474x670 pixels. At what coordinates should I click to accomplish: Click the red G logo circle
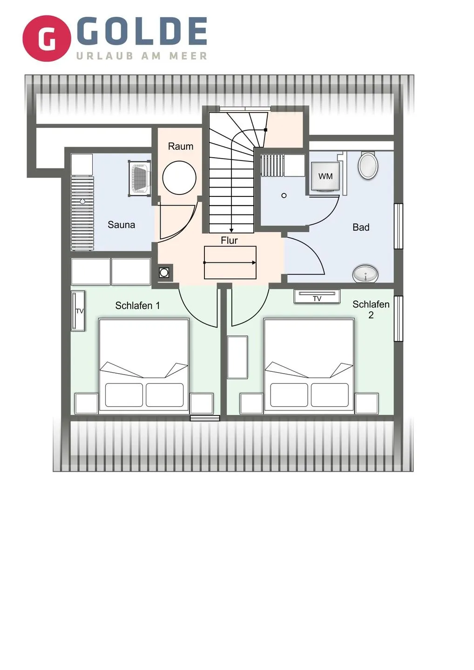pyautogui.click(x=47, y=39)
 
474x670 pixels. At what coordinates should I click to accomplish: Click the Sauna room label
pyautogui.click(x=121, y=225)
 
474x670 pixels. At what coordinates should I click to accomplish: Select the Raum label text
pyautogui.click(x=180, y=146)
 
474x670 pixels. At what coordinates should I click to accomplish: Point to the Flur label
pyautogui.click(x=229, y=240)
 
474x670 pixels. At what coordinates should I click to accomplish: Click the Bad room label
pyautogui.click(x=361, y=227)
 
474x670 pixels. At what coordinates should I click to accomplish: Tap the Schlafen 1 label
pyautogui.click(x=137, y=305)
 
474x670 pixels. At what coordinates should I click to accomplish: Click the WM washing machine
pyautogui.click(x=325, y=177)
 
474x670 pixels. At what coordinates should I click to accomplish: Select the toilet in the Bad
pyautogui.click(x=368, y=165)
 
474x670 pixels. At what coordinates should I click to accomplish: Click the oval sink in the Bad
pyautogui.click(x=365, y=274)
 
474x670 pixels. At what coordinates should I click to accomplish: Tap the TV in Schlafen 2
pyautogui.click(x=317, y=296)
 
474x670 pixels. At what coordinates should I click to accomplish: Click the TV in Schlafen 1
pyautogui.click(x=78, y=311)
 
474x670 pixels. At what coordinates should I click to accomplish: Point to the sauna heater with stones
pyautogui.click(x=139, y=178)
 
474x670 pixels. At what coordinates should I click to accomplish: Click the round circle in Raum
pyautogui.click(x=179, y=178)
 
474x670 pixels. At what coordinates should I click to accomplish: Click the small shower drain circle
pyautogui.click(x=284, y=195)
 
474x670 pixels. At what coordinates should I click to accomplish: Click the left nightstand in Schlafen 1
pyautogui.click(x=87, y=403)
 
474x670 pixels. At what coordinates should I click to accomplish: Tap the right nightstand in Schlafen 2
pyautogui.click(x=366, y=403)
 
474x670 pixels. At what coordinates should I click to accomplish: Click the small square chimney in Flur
pyautogui.click(x=164, y=273)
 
